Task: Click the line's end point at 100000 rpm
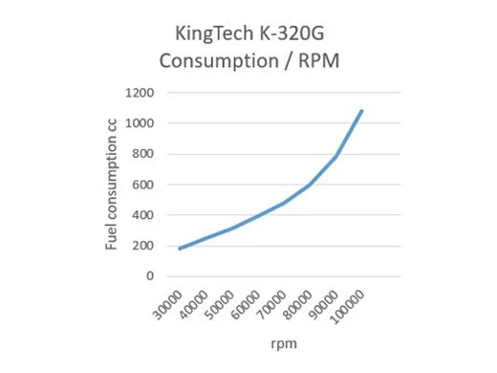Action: pos(362,111)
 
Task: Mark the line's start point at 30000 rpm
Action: pos(180,249)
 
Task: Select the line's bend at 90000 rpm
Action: pos(336,156)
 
